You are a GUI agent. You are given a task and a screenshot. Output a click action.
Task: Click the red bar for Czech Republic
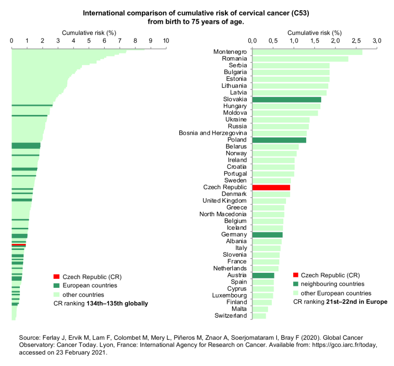click(x=271, y=188)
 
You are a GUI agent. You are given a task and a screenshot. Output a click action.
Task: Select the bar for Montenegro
click(x=307, y=52)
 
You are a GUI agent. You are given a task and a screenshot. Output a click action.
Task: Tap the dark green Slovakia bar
click(x=286, y=99)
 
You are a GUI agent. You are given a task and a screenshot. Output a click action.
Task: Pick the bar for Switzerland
click(x=259, y=316)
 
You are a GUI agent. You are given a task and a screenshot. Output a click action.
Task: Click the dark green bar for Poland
click(x=279, y=140)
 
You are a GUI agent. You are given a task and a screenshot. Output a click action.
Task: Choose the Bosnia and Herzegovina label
click(x=213, y=133)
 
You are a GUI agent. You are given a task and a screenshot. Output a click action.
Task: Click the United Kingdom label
click(x=225, y=201)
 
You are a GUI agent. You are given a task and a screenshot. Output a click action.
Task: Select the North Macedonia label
click(x=223, y=214)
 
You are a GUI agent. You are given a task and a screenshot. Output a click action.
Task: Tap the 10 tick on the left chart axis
click(x=166, y=41)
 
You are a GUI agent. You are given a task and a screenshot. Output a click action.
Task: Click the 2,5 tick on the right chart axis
click(x=356, y=41)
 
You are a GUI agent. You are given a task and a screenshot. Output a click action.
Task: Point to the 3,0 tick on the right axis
click(x=377, y=41)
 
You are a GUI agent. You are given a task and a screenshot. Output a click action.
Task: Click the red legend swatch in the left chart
click(x=56, y=276)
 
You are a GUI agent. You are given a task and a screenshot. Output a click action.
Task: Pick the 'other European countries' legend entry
click(x=336, y=293)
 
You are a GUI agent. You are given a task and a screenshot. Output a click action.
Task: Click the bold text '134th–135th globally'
click(x=117, y=304)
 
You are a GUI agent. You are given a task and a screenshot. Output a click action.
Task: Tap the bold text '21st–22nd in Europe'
click(x=357, y=302)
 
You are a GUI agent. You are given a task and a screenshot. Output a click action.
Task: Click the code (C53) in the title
click(x=301, y=13)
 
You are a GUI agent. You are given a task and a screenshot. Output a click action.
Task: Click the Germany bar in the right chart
click(x=267, y=235)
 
